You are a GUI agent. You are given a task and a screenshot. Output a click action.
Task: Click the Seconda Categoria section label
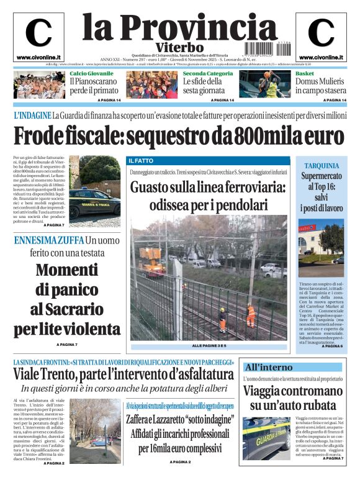[208, 73]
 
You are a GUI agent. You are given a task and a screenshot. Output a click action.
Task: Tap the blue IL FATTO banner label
[141, 160]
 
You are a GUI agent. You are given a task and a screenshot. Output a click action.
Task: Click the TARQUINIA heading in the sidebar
[321, 166]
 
